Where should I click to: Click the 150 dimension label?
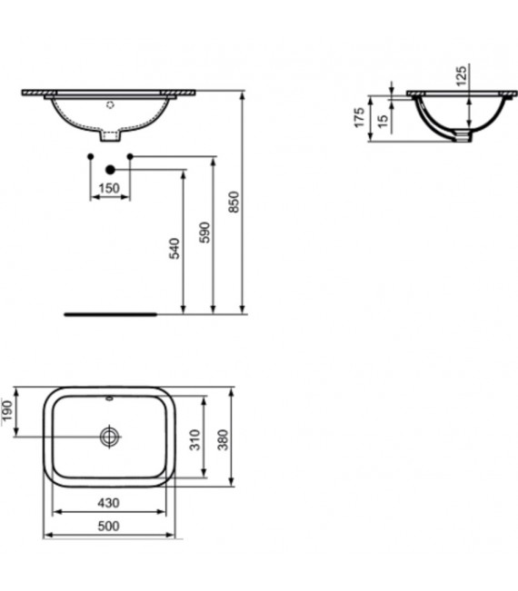[x=109, y=187]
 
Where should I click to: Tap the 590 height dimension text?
[x=204, y=232]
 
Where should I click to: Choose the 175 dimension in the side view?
[x=360, y=116]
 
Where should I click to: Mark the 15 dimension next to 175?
[x=384, y=121]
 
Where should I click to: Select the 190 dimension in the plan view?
[x=10, y=412]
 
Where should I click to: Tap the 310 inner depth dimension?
[x=194, y=441]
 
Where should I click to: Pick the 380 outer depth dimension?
[x=225, y=441]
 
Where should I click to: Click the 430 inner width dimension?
[x=109, y=503]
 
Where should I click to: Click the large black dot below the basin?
[x=111, y=168]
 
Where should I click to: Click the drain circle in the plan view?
[x=110, y=437]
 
